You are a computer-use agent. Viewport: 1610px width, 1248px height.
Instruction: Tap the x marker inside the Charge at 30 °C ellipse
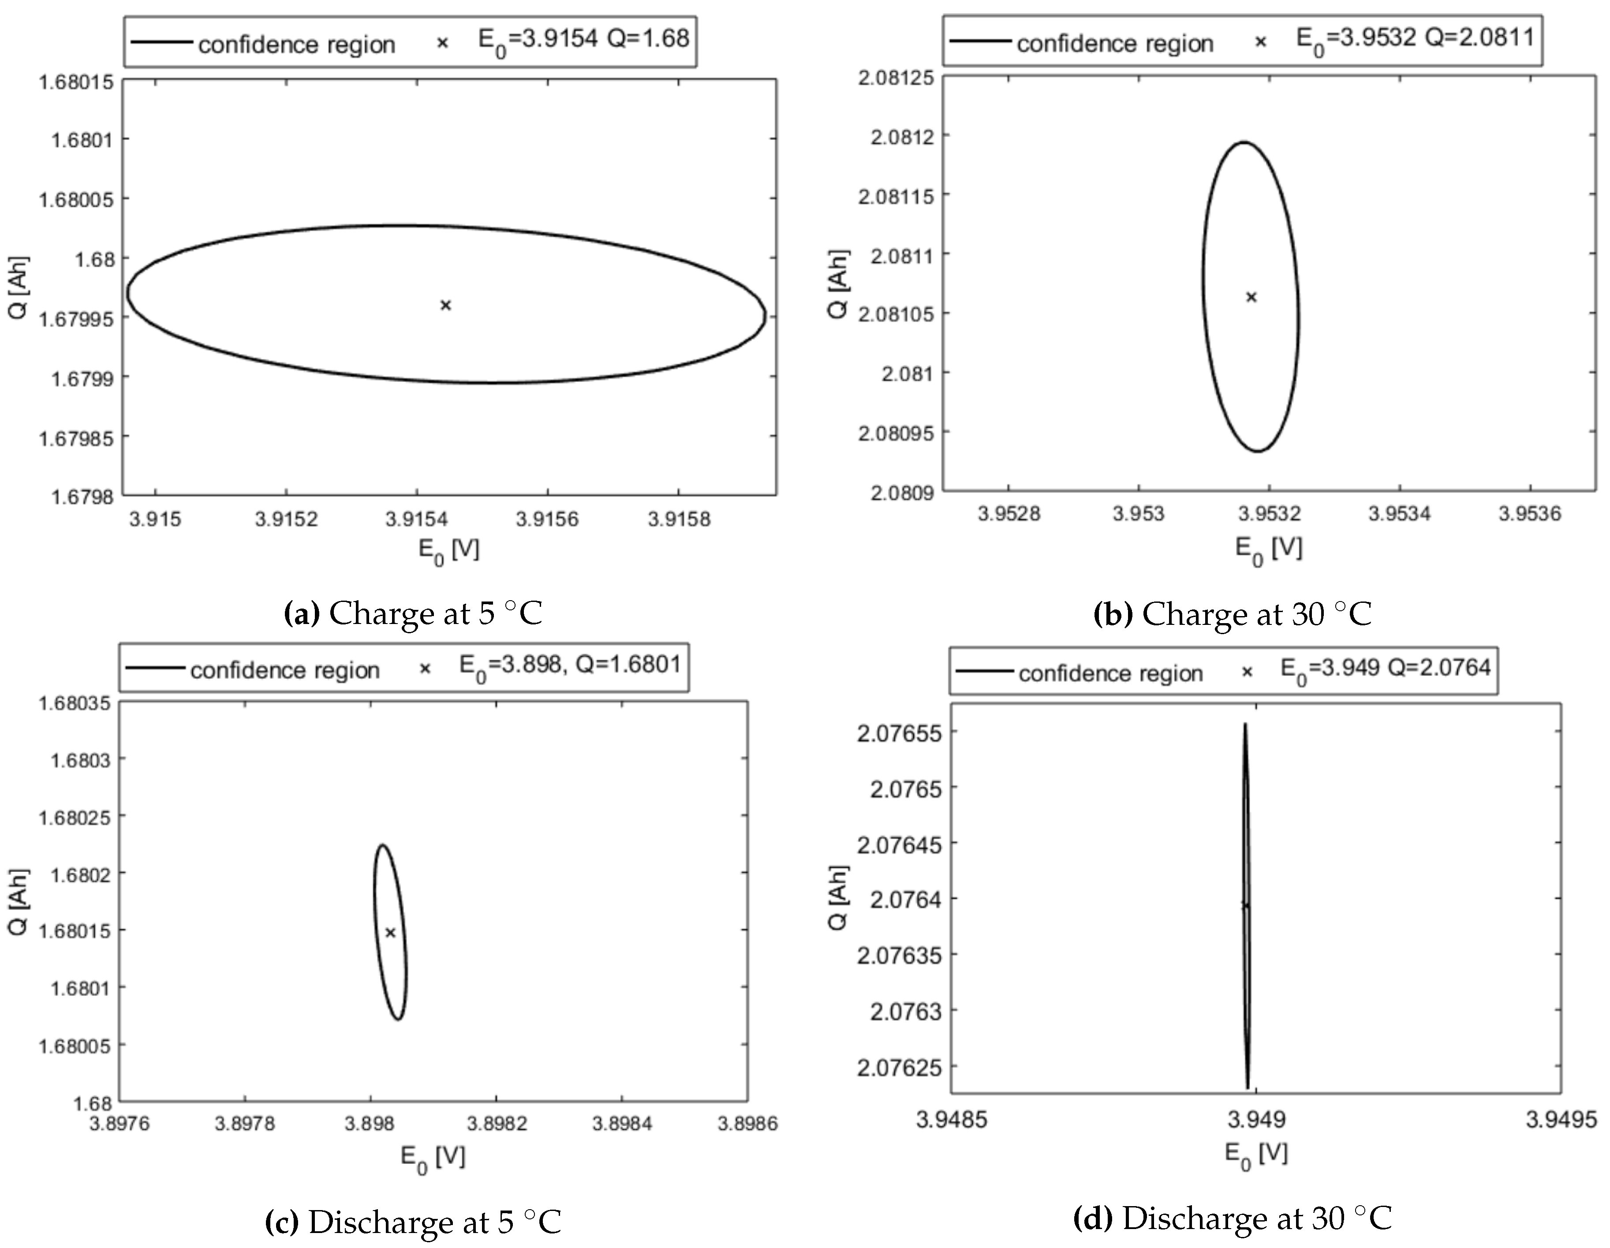pyautogui.click(x=1251, y=297)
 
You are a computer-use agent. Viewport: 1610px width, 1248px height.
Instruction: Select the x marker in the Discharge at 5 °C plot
pyautogui.click(x=391, y=933)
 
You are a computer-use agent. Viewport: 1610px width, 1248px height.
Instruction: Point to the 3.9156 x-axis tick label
pyautogui.click(x=547, y=519)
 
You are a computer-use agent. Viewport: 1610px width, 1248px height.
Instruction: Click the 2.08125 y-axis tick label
pyautogui.click(x=894, y=78)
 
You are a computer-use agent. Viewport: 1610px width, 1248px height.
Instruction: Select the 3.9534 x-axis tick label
pyautogui.click(x=1398, y=514)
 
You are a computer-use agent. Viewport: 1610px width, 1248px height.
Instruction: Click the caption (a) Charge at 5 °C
pyautogui.click(x=413, y=614)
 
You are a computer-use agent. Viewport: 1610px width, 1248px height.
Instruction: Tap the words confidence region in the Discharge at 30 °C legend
pyautogui.click(x=1110, y=673)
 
